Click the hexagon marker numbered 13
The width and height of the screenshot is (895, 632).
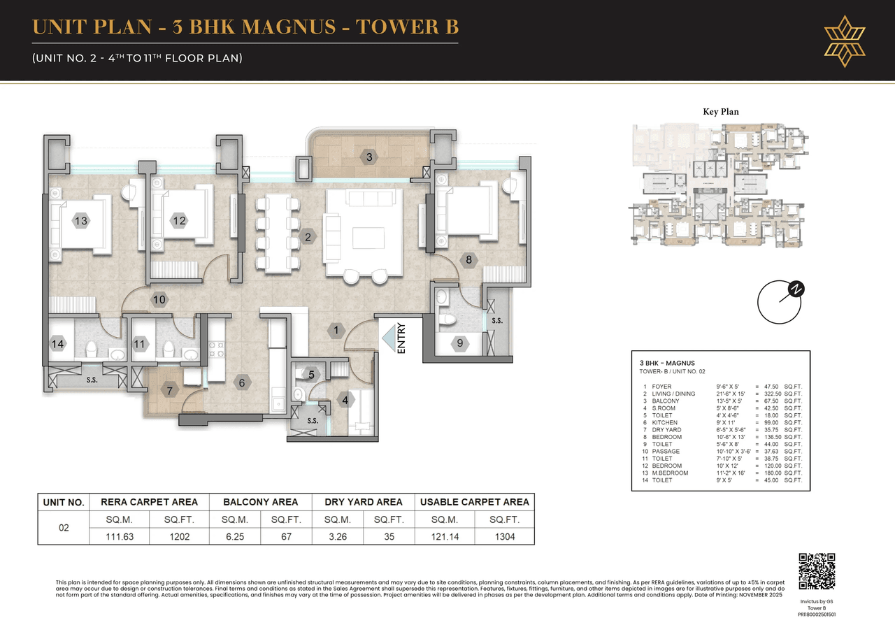point(81,221)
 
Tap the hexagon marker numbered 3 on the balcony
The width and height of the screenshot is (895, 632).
point(369,157)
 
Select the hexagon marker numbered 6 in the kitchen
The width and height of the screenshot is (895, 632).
point(242,382)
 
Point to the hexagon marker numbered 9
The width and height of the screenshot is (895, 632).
point(459,343)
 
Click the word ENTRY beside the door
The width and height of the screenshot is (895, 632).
point(401,338)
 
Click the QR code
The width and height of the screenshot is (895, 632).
point(817,571)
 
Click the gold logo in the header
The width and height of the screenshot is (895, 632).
point(845,41)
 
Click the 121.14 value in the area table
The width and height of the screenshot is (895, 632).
point(445,537)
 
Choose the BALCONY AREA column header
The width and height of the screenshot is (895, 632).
point(260,502)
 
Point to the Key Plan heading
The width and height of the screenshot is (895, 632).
point(720,111)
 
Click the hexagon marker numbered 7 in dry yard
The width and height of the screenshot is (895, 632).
point(169,390)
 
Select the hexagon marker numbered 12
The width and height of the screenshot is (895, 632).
point(179,221)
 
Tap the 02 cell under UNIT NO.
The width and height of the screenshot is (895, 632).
point(64,528)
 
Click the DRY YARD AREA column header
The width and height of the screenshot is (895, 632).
point(363,502)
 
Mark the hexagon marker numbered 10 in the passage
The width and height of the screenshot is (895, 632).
point(159,299)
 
